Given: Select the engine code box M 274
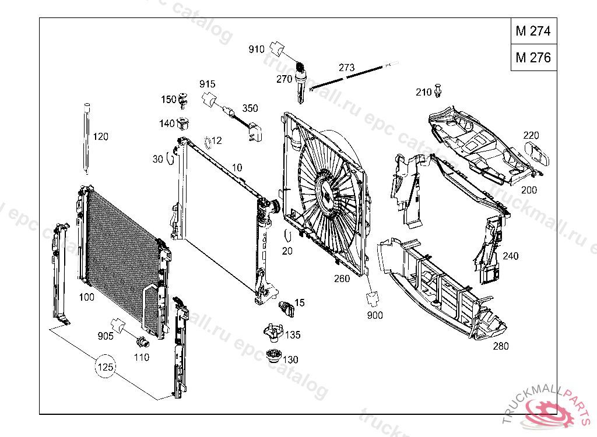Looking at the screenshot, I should tap(533, 31).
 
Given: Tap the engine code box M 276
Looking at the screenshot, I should tap(533, 58).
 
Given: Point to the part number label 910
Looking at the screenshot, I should tap(257, 49).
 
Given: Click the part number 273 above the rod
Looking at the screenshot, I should tap(346, 68).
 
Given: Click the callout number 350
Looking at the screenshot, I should tap(250, 108).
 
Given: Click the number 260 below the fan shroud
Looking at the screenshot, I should tap(342, 279).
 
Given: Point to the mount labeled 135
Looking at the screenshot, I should tap(272, 333).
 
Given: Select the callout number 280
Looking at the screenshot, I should tap(500, 346).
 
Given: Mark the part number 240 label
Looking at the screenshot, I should tap(510, 256).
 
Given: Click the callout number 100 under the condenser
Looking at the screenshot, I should tap(86, 298).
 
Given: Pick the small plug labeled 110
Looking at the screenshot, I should tap(142, 342).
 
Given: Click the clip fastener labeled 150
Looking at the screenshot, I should tap(184, 101).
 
